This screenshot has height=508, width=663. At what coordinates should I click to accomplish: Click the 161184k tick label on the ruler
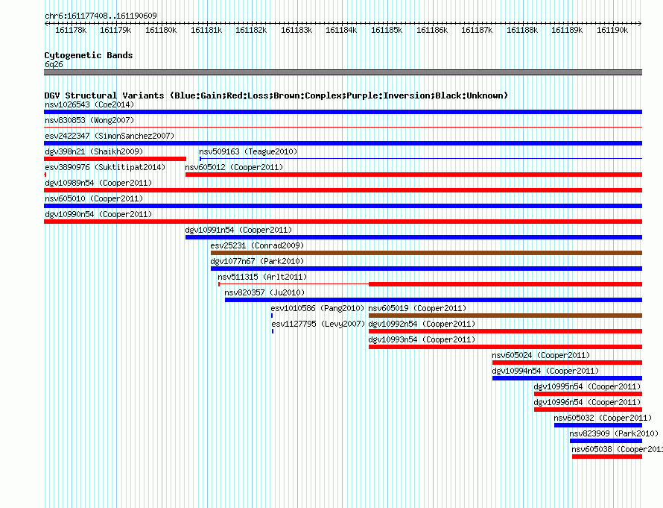341,30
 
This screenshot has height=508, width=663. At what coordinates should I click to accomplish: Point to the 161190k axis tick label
612,30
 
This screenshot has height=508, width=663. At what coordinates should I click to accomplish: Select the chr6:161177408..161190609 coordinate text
101,16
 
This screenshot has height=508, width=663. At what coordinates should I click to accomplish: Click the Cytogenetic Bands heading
89,55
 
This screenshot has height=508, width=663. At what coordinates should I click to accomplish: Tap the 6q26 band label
54,64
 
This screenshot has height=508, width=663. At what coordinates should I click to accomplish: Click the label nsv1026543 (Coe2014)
89,104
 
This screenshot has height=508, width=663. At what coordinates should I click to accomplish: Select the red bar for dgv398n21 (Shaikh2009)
115,159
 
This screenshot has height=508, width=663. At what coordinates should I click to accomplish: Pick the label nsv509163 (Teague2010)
248,151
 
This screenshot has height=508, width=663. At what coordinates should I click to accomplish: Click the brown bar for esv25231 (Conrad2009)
426,253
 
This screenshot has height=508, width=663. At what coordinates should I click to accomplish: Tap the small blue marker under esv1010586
272,316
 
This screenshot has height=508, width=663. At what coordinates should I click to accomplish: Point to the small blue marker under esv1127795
273,331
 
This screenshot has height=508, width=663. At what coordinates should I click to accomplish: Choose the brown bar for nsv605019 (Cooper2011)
505,316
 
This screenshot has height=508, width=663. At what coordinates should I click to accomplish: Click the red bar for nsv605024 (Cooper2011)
567,363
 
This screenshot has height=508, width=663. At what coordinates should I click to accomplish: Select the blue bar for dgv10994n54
567,378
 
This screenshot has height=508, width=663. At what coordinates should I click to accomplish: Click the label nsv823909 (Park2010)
614,433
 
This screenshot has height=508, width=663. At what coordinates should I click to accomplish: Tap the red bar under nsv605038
607,457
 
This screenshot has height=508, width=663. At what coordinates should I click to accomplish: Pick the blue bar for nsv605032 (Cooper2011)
598,425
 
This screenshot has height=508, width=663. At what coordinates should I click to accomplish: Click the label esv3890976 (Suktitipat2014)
105,167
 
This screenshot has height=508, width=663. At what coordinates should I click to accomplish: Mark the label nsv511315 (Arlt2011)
262,277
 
